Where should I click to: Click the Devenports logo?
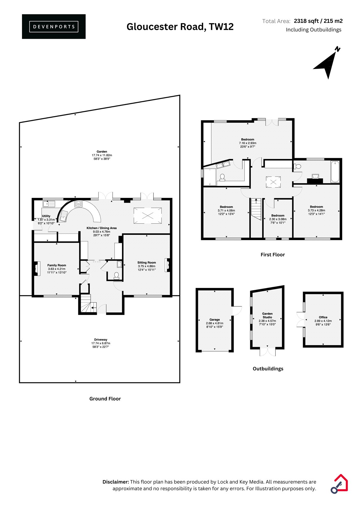(54, 27)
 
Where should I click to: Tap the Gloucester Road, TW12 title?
(180, 27)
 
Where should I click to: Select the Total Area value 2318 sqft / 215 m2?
(318, 21)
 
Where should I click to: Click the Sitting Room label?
(146, 262)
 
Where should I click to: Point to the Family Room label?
(57, 265)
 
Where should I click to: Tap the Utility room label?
(46, 216)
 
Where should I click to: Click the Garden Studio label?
(267, 315)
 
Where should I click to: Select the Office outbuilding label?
(323, 317)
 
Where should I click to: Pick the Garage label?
(215, 319)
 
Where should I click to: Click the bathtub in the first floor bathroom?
(335, 171)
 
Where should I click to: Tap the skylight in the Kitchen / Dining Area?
(148, 216)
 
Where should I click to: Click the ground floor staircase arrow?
(94, 308)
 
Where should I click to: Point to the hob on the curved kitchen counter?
(79, 204)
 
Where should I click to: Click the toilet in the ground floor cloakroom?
(116, 275)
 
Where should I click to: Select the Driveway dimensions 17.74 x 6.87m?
(101, 343)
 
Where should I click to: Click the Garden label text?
(102, 151)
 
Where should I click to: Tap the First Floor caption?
(272, 255)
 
